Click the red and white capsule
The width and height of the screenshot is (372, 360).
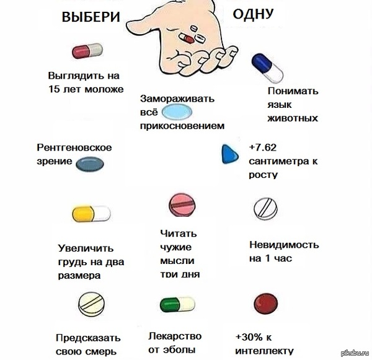point(87,50)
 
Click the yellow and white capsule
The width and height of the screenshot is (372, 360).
point(91,214)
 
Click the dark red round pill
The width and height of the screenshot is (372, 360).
point(267,304)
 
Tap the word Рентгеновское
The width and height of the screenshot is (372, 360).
point(74,147)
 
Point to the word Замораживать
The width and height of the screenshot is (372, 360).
point(177,99)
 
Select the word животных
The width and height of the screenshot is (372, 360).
point(293,118)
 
